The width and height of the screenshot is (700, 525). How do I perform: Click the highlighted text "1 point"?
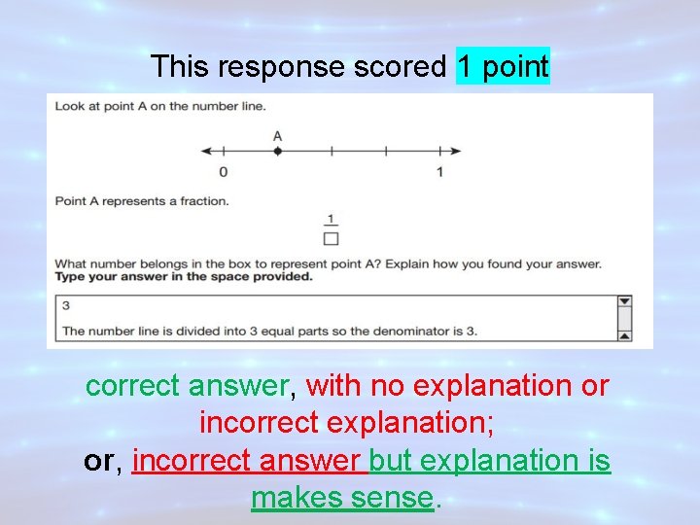pos(503,67)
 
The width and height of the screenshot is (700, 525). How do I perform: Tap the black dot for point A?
pos(277,151)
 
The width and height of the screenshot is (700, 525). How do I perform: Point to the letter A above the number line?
pos(277,135)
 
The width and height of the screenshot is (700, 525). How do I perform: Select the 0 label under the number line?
pos(224,172)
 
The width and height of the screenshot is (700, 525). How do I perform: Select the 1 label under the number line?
pos(439,172)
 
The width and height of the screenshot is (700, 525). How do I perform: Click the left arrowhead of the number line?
pos(205,151)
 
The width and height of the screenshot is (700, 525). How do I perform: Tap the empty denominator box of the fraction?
pos(332,237)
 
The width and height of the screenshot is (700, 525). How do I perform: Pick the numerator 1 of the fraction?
pos(332,219)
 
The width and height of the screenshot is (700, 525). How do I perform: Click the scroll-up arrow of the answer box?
pos(624,302)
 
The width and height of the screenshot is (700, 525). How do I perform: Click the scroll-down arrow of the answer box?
pos(624,335)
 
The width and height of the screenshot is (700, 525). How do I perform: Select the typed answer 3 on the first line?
pos(65,305)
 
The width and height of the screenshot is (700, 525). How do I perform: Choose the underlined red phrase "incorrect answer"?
pos(248,461)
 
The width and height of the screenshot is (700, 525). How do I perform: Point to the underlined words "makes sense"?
pos(341,498)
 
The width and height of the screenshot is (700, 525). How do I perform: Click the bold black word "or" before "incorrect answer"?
pos(99,461)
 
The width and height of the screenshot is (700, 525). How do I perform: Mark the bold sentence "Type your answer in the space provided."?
pos(184,276)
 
